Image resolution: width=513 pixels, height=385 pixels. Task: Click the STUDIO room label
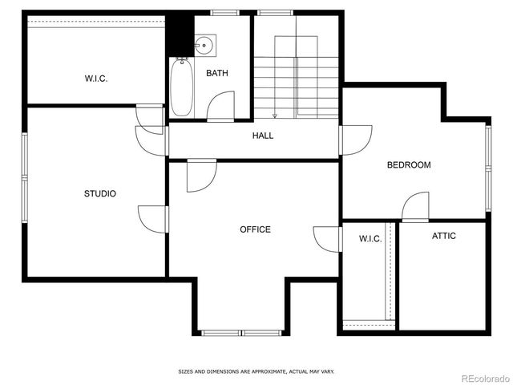100,193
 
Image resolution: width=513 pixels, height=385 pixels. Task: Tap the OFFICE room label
255,229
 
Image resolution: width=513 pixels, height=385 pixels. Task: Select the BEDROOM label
409,165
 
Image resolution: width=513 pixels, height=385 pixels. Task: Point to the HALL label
263,136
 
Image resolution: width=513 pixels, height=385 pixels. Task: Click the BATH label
217,74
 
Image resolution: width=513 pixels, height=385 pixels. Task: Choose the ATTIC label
444,236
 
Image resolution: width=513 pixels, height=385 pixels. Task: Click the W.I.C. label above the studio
96,79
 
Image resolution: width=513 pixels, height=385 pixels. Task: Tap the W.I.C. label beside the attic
370,239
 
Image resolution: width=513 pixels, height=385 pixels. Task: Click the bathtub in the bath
180,88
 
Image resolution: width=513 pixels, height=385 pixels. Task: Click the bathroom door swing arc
221,105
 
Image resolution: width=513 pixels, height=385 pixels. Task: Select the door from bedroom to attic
415,206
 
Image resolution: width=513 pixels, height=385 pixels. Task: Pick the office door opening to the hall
201,176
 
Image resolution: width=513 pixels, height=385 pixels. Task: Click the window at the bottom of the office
240,332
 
